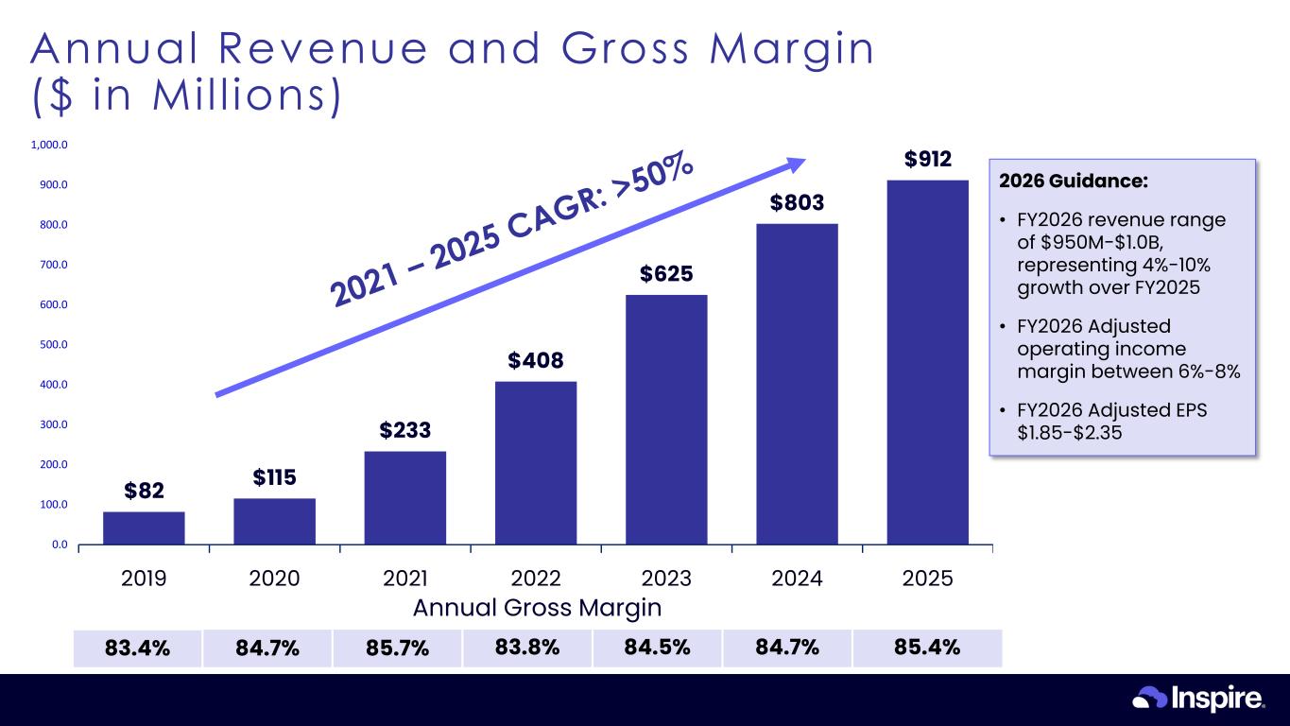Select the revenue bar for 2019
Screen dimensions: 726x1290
point(144,527)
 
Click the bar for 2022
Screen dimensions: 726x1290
point(536,462)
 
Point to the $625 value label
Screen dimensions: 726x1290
point(666,274)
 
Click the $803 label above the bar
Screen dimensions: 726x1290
point(797,202)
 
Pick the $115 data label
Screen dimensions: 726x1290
point(275,477)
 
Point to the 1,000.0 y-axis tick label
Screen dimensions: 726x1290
point(49,146)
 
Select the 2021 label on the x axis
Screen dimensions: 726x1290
point(405,579)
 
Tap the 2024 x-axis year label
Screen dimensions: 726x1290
point(797,579)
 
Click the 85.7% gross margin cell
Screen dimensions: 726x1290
point(397,648)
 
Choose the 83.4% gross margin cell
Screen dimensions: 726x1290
point(137,648)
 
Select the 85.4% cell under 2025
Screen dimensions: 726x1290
point(926,648)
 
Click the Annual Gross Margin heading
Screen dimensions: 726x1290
point(536,607)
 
